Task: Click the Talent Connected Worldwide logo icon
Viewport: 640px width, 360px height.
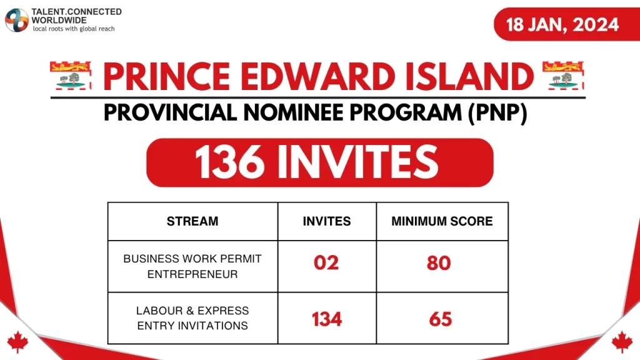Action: coord(17,20)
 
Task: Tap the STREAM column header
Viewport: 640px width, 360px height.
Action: coord(192,221)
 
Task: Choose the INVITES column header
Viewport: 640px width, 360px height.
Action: coord(326,221)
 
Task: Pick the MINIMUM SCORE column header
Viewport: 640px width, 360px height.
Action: coord(442,221)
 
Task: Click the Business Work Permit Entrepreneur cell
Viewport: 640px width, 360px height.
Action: coord(192,266)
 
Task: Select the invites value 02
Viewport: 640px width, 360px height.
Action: coord(326,263)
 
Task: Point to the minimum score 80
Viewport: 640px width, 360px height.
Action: coord(439,263)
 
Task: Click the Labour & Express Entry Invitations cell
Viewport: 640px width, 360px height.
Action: coord(192,318)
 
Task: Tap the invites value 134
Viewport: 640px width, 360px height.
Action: coord(327,319)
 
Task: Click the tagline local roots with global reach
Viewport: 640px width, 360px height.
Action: coord(73,29)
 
